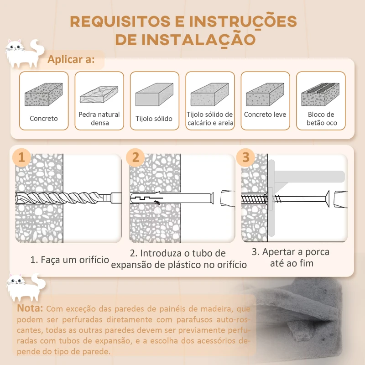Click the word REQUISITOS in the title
click(x=120, y=21)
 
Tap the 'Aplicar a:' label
click(x=71, y=60)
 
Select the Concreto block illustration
click(x=43, y=94)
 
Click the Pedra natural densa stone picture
click(x=99, y=94)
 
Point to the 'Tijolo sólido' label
click(x=154, y=119)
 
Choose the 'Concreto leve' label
click(x=265, y=115)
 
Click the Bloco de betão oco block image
click(x=320, y=94)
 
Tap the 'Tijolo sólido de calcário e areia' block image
click(x=209, y=94)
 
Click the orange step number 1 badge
click(x=21, y=157)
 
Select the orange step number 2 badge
click(x=136, y=157)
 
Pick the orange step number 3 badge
click(x=245, y=157)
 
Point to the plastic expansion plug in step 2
click(x=172, y=198)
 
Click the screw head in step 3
click(x=327, y=198)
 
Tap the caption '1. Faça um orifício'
click(x=70, y=260)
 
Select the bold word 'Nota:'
click(x=30, y=308)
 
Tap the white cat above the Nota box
click(x=26, y=287)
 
